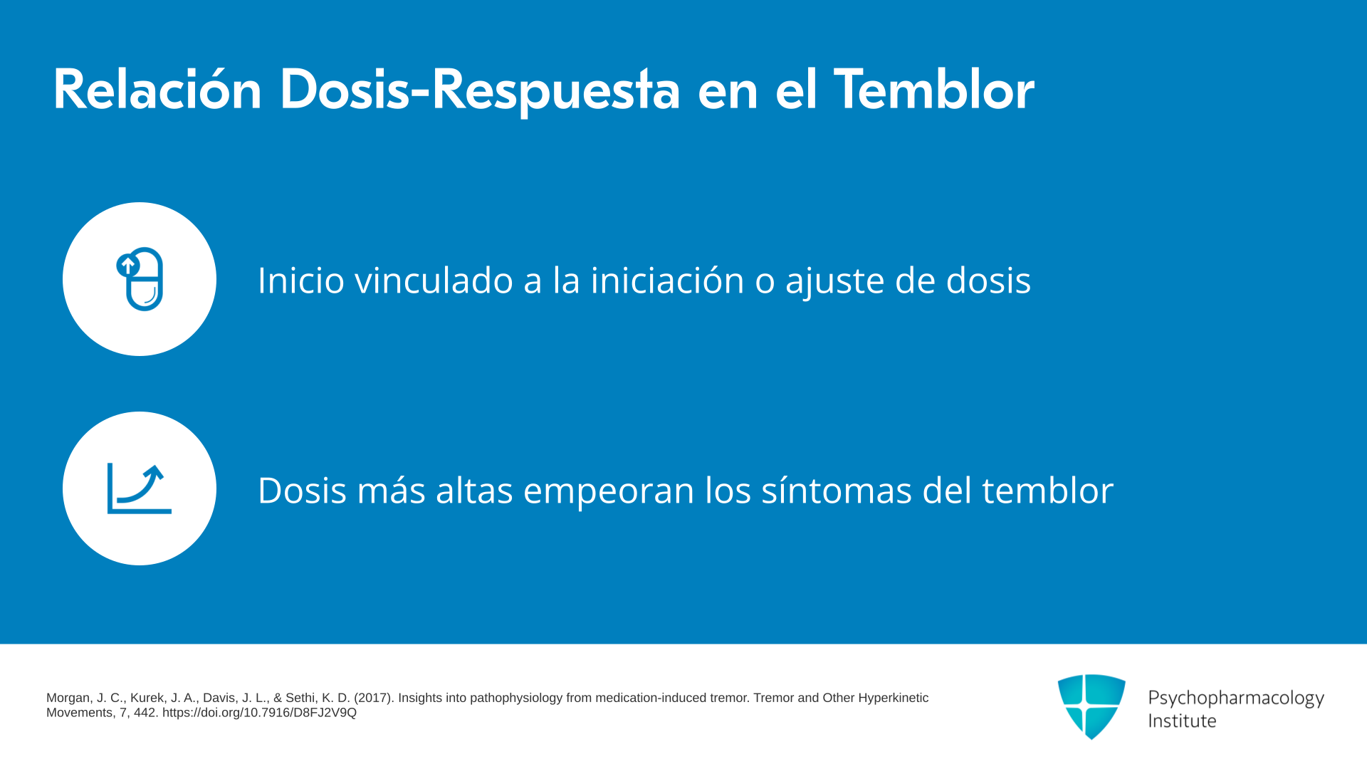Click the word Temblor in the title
(x=933, y=90)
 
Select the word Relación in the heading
(x=157, y=90)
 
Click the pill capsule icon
(x=140, y=279)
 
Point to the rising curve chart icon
(x=140, y=488)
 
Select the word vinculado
(x=434, y=280)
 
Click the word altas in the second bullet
(x=474, y=490)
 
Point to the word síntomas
(x=837, y=490)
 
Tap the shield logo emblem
(x=1091, y=706)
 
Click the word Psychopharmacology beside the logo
(x=1236, y=699)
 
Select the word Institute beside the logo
(x=1182, y=721)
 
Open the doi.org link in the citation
(x=259, y=713)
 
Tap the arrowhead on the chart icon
(x=156, y=472)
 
